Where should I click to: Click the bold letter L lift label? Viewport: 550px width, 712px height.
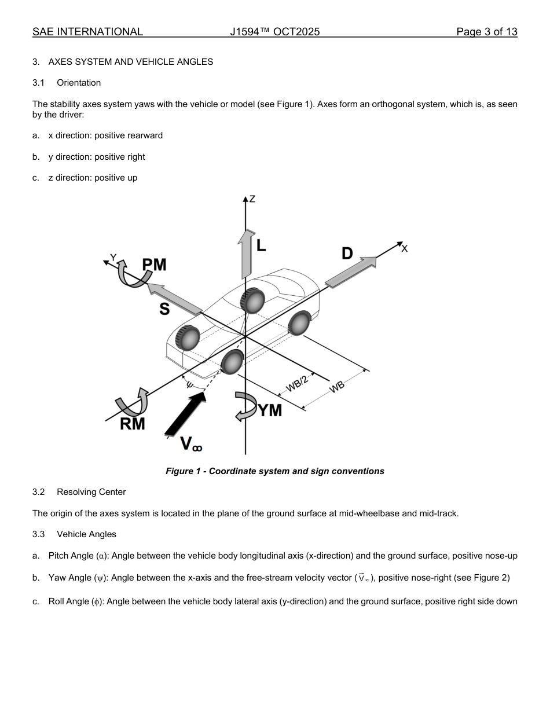coord(261,245)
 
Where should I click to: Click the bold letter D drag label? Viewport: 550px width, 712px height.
coord(347,254)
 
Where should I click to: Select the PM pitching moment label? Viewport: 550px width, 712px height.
coord(154,265)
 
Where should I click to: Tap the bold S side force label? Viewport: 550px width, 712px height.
coord(164,310)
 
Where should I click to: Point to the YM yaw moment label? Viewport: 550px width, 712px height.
coord(270,410)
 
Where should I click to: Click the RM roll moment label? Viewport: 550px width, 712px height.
coord(132,424)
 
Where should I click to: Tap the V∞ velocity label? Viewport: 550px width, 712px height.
coord(191,444)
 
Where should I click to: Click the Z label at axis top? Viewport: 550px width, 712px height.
coord(252,199)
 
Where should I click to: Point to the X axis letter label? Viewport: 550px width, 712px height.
coord(404,248)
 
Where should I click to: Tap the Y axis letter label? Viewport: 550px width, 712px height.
coord(113,258)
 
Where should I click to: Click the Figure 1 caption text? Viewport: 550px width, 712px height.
coord(274,471)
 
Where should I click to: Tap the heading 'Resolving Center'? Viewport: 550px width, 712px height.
coord(91,492)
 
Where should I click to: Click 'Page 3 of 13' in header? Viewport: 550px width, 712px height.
coord(486,32)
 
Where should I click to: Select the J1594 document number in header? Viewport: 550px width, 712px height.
coord(274,32)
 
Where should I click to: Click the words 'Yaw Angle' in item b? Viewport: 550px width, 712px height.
coord(69,578)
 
